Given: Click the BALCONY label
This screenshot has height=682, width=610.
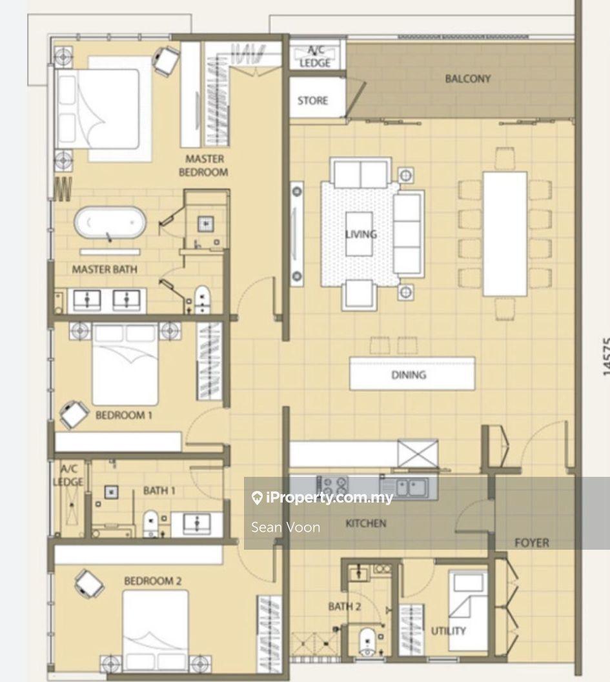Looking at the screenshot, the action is [x=468, y=79].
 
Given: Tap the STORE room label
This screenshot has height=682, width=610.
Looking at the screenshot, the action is [x=313, y=101].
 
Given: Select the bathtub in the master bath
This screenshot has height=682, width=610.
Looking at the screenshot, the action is [x=110, y=222].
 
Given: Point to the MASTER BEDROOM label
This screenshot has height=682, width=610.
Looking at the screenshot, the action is [x=203, y=166].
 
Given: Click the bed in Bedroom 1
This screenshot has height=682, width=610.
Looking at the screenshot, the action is [x=125, y=365].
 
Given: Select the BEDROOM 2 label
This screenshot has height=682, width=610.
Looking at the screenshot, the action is [x=153, y=581].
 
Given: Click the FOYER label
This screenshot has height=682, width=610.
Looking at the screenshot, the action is [x=532, y=543].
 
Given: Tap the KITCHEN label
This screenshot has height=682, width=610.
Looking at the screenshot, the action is [x=366, y=523].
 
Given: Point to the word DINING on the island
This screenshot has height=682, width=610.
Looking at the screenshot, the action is [x=409, y=375].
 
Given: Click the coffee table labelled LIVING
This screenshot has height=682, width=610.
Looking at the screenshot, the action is [x=360, y=234].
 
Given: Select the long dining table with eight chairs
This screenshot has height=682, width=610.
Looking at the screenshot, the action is [x=505, y=234].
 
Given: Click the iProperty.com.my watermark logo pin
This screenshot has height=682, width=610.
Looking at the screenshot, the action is [x=257, y=498].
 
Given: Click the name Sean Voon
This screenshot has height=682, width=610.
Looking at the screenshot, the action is [x=286, y=527].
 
